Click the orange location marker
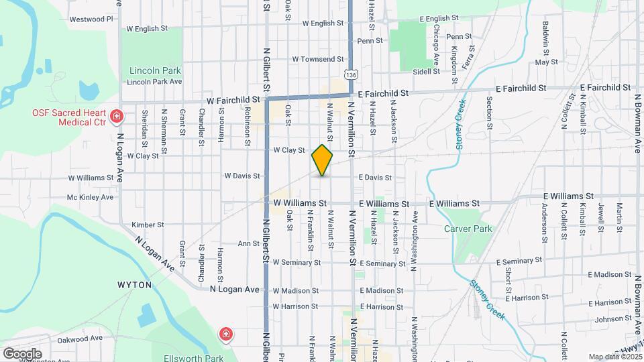coord(322,160)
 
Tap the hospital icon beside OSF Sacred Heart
coord(117,117)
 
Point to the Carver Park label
coord(468,229)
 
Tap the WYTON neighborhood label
coord(134,284)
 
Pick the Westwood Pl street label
coord(91,19)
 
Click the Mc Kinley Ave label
coord(90,197)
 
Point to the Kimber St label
coord(148,225)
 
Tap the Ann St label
coord(248,243)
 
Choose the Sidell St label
coord(426,70)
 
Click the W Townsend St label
coord(318,59)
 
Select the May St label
coord(547,62)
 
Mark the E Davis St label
coord(375,178)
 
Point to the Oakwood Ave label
coord(80,338)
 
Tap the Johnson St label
coord(609,319)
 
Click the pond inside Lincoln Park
coord(87,89)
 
